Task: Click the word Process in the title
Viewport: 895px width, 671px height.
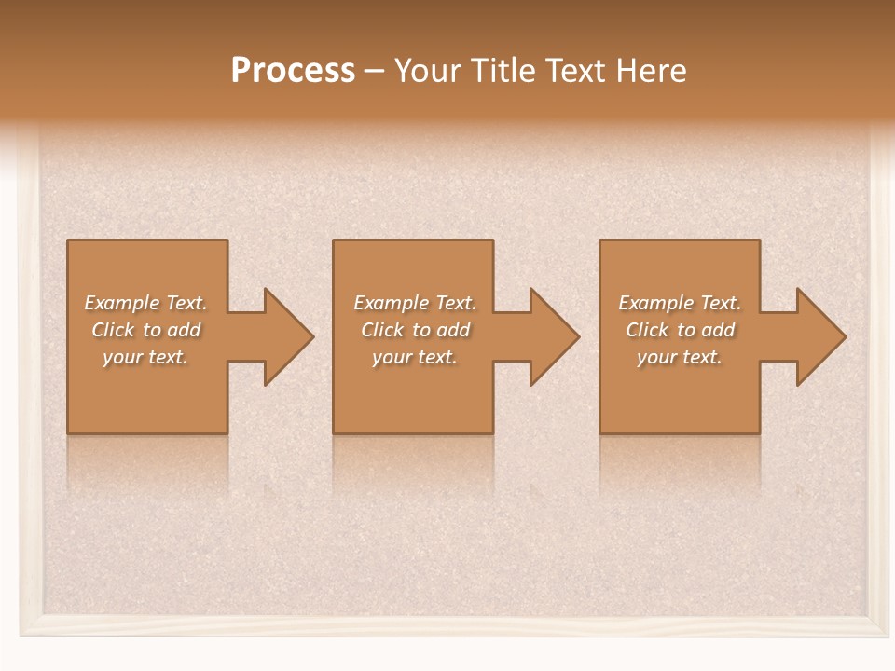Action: (293, 71)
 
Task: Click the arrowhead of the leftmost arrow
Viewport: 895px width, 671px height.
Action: (288, 336)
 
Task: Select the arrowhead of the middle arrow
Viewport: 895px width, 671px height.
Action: (554, 336)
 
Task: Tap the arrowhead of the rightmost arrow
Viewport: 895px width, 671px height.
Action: (820, 336)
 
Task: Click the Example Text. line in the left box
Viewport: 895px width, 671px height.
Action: (146, 303)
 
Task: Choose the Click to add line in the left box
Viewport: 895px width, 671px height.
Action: (146, 330)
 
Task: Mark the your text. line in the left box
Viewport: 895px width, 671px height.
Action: (146, 357)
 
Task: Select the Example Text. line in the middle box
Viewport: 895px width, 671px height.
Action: (415, 303)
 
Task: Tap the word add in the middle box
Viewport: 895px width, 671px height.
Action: (453, 330)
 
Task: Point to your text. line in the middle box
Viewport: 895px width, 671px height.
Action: (415, 357)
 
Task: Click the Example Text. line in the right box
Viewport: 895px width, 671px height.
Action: (680, 303)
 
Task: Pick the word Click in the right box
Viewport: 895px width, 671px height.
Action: (647, 330)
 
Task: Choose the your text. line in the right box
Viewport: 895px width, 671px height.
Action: (680, 357)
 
